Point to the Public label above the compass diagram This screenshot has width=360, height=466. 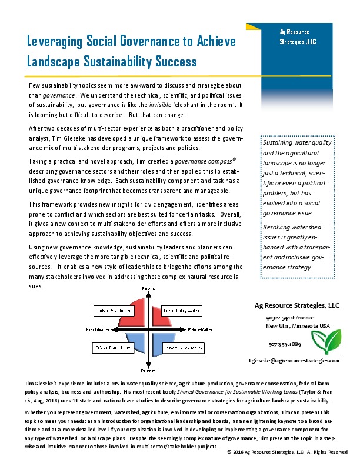148,287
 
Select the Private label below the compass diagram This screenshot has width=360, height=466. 148,371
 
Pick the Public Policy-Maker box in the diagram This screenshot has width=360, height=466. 182,310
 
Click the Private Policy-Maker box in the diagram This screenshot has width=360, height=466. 182,348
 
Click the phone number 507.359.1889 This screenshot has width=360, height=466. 284,344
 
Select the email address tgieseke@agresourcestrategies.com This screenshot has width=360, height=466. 294,359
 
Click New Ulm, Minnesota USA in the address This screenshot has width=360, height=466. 298,325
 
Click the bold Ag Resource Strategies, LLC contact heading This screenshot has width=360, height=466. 296,305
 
